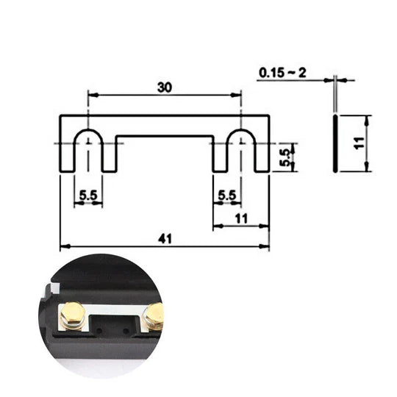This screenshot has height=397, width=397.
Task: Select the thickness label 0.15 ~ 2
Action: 283,74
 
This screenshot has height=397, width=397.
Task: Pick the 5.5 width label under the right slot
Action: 228,196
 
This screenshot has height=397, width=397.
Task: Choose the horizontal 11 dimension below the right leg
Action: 240,218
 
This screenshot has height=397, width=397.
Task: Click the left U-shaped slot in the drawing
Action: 88,147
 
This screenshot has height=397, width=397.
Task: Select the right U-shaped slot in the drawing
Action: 240,147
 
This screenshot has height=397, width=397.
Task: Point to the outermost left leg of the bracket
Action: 67,154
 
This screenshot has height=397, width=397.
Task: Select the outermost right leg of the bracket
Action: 262,154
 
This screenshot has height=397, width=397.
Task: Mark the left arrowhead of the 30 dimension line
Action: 92,94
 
